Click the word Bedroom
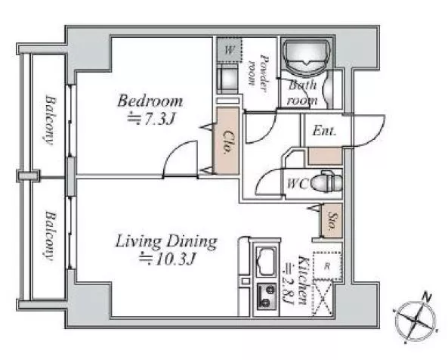click(150, 101)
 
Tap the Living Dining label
click(166, 242)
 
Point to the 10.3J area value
click(168, 259)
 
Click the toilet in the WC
click(326, 182)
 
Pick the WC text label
click(297, 184)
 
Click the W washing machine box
click(229, 50)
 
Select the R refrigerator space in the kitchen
click(327, 266)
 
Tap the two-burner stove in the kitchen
click(267, 296)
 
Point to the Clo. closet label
click(227, 141)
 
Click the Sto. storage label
click(332, 221)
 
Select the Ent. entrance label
click(324, 131)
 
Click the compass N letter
click(427, 297)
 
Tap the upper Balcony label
click(51, 120)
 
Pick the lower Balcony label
click(51, 236)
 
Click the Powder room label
click(258, 73)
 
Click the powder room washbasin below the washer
click(227, 79)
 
